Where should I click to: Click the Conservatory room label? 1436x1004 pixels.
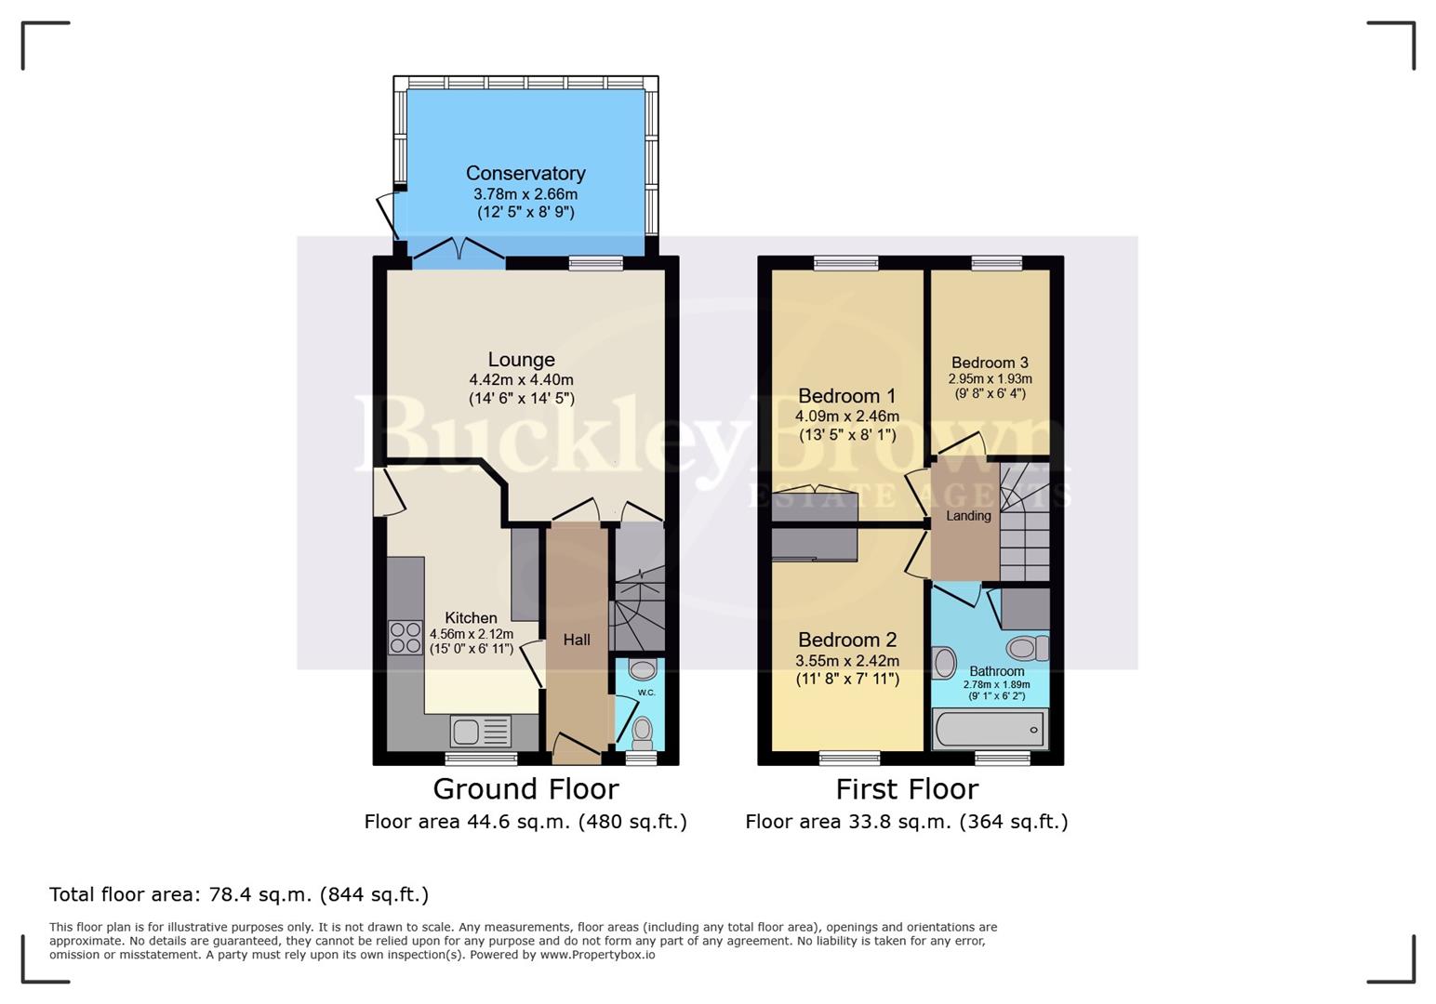[525, 174]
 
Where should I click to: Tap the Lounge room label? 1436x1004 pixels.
[521, 360]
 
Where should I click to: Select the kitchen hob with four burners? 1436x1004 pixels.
[406, 638]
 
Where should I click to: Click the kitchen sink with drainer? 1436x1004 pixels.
[481, 732]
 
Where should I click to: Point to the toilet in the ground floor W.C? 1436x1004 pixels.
[642, 733]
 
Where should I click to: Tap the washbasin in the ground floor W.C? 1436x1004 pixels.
[642, 669]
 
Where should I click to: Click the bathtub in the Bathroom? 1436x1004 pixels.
[990, 730]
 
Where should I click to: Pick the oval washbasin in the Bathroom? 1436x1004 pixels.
[944, 664]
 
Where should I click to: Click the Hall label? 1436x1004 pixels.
[577, 640]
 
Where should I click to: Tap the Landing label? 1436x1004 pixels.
[968, 516]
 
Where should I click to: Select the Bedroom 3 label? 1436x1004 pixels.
[990, 363]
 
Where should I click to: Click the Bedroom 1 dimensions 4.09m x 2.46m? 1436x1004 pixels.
[846, 416]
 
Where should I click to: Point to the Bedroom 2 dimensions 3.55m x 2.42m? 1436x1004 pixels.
[846, 661]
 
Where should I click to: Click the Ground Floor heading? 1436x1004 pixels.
[525, 789]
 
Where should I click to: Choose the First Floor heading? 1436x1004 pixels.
[907, 789]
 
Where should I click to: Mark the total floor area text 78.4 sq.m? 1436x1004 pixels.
[239, 895]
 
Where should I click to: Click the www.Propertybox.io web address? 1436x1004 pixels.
[597, 955]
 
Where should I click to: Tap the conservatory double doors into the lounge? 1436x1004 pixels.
[459, 251]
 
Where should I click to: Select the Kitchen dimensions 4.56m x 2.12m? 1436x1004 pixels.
[471, 634]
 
